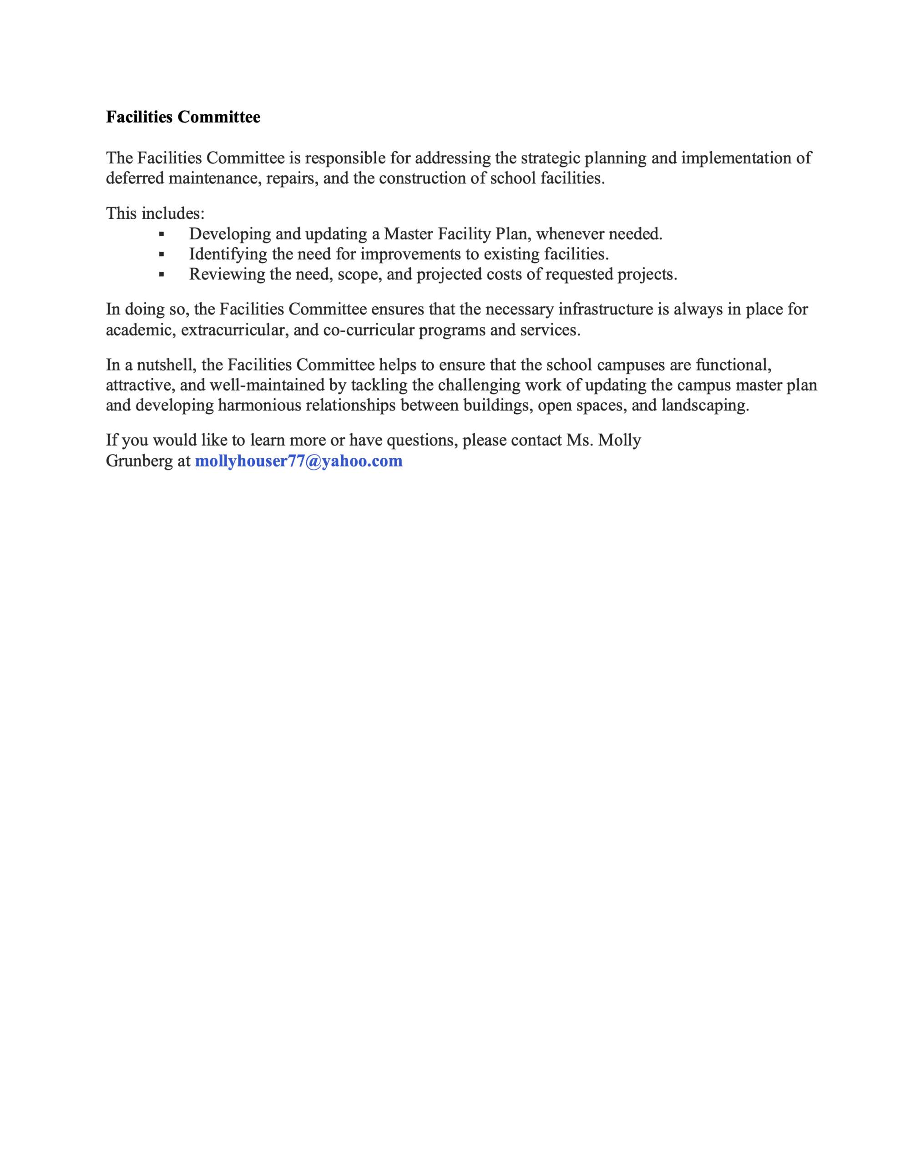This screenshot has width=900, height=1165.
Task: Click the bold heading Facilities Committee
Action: pos(183,117)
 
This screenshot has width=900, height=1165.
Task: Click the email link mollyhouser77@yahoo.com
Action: pos(299,461)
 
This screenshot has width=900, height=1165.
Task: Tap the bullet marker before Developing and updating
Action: pos(162,234)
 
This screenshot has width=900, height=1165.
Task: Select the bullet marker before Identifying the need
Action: pos(162,254)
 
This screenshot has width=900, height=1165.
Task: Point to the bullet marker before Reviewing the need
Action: pos(162,275)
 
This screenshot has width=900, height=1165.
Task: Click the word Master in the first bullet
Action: pos(408,233)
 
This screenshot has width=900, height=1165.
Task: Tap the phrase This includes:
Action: pos(155,213)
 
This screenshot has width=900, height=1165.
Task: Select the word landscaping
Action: pos(705,405)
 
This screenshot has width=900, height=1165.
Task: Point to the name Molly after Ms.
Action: pos(619,440)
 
